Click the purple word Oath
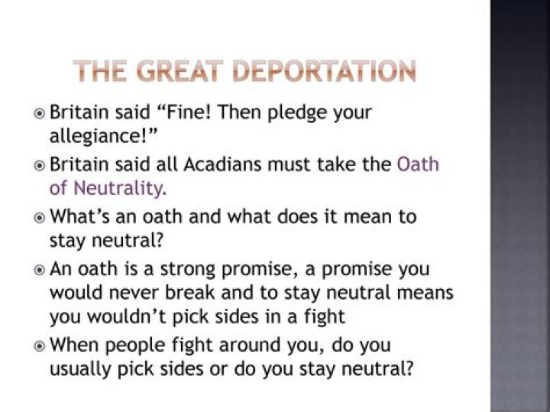pyautogui.click(x=419, y=164)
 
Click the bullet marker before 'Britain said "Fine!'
pyautogui.click(x=40, y=113)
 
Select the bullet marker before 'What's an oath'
pyautogui.click(x=40, y=217)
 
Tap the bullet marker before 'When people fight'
pyautogui.click(x=40, y=345)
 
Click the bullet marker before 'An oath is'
pyautogui.click(x=40, y=270)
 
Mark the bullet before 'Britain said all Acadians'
pyautogui.click(x=40, y=164)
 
